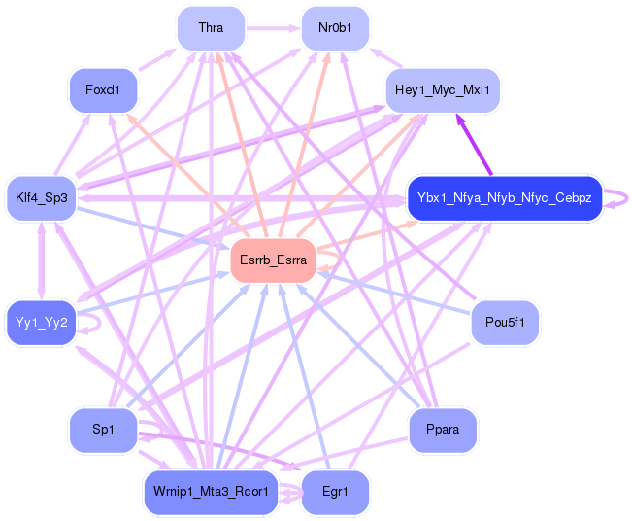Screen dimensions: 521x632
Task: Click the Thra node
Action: tap(210, 28)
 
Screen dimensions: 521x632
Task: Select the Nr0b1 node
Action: tap(335, 28)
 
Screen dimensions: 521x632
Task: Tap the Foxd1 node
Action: tap(101, 90)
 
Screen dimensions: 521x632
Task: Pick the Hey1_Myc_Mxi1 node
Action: tap(443, 91)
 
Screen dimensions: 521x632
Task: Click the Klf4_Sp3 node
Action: tap(41, 198)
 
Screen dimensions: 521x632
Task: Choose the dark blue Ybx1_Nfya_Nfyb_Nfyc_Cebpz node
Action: tap(504, 198)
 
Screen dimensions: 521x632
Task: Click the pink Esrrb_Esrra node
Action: tap(273, 260)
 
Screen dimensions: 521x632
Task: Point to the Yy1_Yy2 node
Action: tap(41, 323)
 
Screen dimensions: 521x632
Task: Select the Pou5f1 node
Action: tap(504, 323)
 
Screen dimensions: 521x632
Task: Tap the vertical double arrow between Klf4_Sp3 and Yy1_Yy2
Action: tap(41, 260)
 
